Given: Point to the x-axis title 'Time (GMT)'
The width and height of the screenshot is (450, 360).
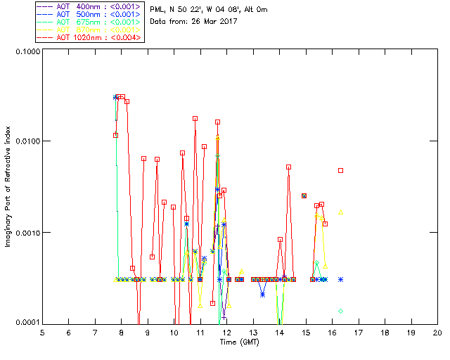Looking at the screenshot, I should [240, 342].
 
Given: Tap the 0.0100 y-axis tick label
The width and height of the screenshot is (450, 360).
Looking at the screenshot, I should [25, 141].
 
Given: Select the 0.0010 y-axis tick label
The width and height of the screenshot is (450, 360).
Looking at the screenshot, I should [25, 233].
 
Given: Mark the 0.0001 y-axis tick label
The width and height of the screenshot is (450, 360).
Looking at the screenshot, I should [25, 322].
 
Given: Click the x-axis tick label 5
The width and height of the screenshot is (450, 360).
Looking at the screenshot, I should [42, 332].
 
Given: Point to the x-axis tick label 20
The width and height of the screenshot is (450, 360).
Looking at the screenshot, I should [437, 332].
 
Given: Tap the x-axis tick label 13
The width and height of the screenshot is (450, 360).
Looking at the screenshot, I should [253, 332].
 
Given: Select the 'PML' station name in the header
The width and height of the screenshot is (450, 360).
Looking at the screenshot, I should [157, 8].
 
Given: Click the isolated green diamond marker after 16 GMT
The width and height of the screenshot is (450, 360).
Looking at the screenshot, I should [341, 311].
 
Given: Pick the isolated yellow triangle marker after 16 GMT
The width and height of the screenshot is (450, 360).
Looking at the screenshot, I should [341, 212].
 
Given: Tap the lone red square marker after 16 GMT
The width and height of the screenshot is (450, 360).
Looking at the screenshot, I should [341, 170].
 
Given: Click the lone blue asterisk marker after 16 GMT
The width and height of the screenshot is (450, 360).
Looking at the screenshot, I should [341, 279].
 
